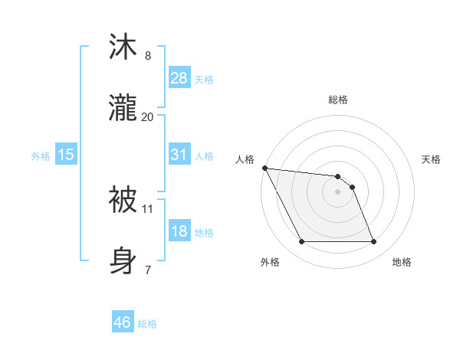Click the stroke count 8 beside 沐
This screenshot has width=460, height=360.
(148, 56)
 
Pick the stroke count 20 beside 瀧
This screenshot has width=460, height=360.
(148, 116)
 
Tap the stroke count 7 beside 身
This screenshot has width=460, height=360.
(148, 270)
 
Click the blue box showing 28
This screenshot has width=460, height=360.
(179, 78)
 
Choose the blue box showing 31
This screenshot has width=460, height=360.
(179, 155)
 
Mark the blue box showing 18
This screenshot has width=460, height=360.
(179, 231)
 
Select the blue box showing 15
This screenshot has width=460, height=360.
(66, 155)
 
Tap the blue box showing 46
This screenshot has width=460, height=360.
(123, 323)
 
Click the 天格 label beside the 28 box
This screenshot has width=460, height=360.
(204, 80)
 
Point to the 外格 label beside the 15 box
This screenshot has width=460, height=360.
(40, 156)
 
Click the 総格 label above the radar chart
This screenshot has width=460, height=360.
(338, 100)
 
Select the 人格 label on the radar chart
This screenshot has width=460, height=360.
(245, 159)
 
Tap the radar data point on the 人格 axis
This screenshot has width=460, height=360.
(264, 168)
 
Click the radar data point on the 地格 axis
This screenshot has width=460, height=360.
(373, 242)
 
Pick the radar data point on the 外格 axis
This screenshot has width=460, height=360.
(301, 242)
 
